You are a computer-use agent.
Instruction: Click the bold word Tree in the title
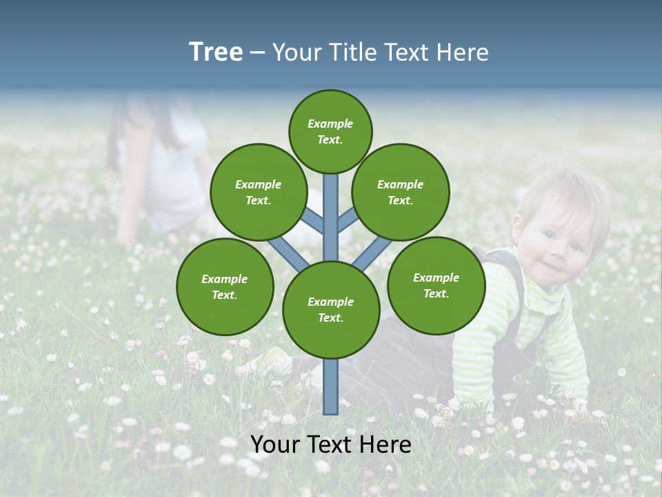(x=216, y=52)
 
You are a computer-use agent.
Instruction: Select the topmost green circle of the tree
(x=330, y=131)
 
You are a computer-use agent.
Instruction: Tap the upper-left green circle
(x=259, y=192)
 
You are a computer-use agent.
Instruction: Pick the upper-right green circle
(x=401, y=192)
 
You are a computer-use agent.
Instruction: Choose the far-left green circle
(x=225, y=286)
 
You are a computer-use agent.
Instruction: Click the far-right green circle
(x=436, y=285)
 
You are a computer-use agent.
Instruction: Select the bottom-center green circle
(x=331, y=309)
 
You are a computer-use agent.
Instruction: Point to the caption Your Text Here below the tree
(x=331, y=445)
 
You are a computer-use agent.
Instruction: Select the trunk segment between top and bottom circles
(x=331, y=217)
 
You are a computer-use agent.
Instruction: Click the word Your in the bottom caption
(x=274, y=445)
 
